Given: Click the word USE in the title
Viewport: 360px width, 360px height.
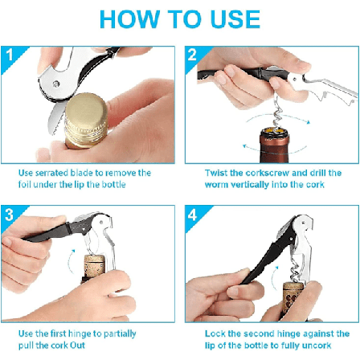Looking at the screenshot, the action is coord(235,19).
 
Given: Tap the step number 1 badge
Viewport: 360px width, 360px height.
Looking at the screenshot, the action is coord(10,55).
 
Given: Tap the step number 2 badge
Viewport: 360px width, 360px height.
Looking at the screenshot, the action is coord(192,55).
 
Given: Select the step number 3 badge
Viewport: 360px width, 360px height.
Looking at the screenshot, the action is coord(9,215).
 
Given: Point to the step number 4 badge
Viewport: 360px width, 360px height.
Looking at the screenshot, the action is coord(192,215).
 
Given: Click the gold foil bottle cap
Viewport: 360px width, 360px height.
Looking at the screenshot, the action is coord(86,120).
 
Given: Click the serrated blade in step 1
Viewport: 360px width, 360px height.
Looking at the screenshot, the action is coord(55,118).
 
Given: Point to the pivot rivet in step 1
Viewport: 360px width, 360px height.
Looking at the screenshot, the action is coord(56,84).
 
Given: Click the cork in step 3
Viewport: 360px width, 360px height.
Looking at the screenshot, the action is coord(95,268).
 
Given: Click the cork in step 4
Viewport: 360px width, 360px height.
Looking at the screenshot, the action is coord(293,297).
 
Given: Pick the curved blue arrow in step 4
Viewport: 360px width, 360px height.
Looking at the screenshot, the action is coord(274,278).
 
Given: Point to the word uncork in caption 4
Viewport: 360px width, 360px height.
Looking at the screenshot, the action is coord(317,346).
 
